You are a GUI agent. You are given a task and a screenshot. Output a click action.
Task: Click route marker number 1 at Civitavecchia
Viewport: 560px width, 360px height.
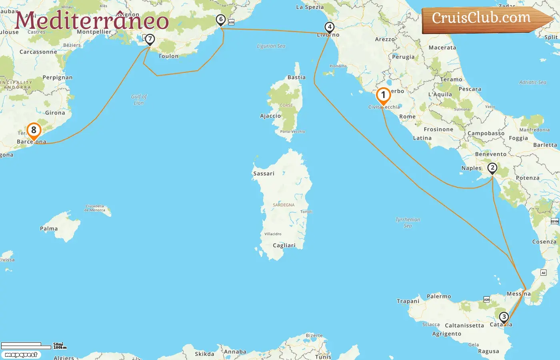pos(383,96)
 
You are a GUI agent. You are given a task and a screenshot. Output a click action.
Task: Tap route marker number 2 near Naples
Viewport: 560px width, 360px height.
pos(492,168)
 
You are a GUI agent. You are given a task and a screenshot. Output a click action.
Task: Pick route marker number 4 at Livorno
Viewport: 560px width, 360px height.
pos(329,27)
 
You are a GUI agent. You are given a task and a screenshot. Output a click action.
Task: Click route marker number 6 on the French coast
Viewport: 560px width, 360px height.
pos(220,20)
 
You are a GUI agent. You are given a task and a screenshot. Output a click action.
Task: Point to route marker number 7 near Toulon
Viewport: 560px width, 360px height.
pos(150,39)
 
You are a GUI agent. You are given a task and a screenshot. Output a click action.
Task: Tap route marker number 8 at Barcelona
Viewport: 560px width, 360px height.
pos(34,130)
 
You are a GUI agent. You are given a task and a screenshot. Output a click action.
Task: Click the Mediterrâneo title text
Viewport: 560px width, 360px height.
pos(92,21)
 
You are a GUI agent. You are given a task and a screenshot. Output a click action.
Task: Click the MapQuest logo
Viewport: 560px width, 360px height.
pos(21,355)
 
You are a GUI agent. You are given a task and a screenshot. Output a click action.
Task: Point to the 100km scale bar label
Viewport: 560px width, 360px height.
pos(60,348)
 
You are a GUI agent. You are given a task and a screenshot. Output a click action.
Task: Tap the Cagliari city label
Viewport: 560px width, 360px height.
pos(284,246)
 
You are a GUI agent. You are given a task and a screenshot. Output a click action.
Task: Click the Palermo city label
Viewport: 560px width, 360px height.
pos(439,296)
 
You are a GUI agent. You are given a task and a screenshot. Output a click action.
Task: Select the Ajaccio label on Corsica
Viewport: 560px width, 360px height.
pos(270,116)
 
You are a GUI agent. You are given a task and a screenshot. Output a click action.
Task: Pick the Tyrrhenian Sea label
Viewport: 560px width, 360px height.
pos(408,222)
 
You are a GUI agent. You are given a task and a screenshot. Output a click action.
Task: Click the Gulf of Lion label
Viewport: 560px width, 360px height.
pos(139,100)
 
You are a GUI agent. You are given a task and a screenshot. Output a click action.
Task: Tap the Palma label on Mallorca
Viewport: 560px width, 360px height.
pos(49,229)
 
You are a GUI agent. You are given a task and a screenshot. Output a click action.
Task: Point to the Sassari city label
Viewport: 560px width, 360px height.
pos(264,174)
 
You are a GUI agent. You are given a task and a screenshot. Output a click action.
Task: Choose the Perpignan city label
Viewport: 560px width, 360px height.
pos(58,78)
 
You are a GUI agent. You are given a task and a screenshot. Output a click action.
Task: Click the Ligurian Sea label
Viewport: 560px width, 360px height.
pos(271,46)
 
